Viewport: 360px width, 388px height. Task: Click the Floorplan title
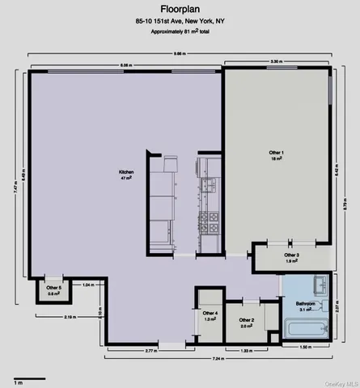click(x=180, y=10)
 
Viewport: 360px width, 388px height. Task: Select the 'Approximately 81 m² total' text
click(x=180, y=36)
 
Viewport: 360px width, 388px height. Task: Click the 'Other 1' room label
click(x=276, y=155)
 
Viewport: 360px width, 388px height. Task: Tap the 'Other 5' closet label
click(x=53, y=290)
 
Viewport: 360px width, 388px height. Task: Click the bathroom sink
click(x=319, y=285)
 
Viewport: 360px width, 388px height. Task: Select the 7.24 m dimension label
click(x=217, y=357)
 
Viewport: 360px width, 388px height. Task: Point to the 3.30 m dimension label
click(x=276, y=61)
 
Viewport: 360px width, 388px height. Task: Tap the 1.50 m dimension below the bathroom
click(x=305, y=348)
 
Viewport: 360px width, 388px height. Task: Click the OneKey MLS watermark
click(x=340, y=383)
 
